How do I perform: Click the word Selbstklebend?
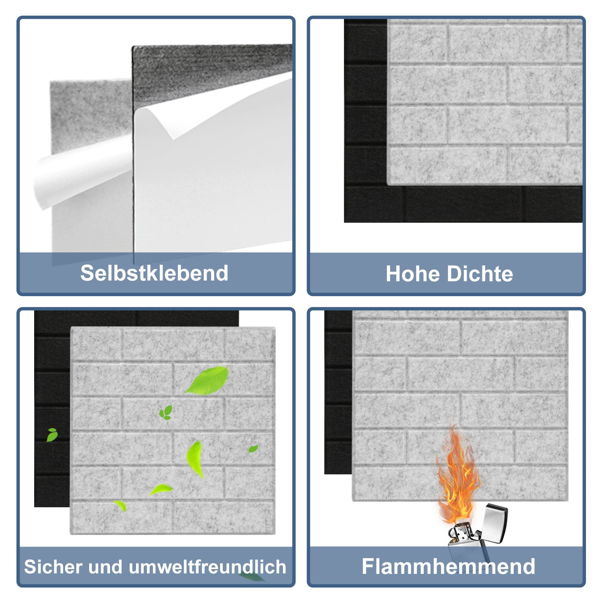[154, 273]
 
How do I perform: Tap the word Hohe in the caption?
[413, 274]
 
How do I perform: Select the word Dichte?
[480, 274]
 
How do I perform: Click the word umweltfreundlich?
[207, 567]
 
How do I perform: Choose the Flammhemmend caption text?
[448, 566]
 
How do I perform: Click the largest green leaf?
[208, 380]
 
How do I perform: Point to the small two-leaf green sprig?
[166, 413]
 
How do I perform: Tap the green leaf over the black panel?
[52, 435]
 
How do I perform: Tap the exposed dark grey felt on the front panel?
[209, 68]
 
